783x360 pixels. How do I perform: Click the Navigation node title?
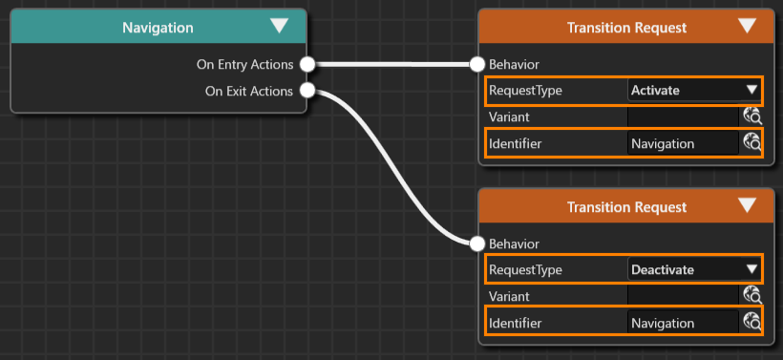158,28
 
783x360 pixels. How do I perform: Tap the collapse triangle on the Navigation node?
279,26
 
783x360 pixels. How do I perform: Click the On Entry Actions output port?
307,64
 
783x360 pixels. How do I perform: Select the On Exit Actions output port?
307,91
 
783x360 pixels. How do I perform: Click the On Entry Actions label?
244,64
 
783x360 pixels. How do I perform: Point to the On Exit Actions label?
249,92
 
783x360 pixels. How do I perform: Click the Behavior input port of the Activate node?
477,64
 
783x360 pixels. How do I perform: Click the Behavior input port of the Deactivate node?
477,244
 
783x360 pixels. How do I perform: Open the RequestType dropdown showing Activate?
693,91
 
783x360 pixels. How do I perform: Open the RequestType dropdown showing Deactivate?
693,269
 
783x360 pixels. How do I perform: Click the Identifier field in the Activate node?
683,144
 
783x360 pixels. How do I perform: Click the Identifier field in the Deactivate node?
683,323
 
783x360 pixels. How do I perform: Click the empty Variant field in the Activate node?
683,116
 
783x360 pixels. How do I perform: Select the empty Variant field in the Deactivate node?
683,296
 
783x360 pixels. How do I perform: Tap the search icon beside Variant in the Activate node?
752,116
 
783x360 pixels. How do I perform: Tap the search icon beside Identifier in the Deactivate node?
752,322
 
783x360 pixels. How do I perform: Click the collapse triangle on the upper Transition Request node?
747,26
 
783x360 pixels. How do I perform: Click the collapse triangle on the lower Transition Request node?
747,205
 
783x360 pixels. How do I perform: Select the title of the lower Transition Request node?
626,207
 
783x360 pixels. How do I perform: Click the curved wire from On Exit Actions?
393,167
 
